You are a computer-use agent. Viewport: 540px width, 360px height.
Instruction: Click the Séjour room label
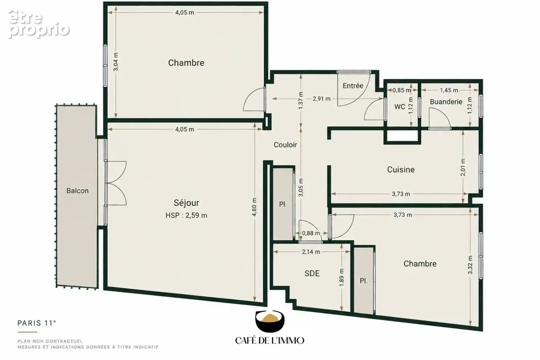(186, 203)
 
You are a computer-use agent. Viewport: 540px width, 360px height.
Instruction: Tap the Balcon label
(77, 191)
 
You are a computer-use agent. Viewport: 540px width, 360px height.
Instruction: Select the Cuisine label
(400, 170)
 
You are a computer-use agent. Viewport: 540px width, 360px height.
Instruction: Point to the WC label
(400, 107)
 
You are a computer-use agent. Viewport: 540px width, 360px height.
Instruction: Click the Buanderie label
(446, 102)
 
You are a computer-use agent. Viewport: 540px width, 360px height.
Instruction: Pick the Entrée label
(353, 85)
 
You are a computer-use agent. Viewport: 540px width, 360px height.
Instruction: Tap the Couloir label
(285, 145)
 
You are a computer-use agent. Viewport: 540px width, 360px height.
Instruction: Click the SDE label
(312, 273)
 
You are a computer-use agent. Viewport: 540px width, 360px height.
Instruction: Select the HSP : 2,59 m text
(186, 215)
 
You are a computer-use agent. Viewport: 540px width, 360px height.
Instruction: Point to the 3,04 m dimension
(116, 62)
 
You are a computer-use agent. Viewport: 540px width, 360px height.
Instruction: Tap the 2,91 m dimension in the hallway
(321, 99)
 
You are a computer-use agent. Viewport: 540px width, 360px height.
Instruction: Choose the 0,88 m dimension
(311, 233)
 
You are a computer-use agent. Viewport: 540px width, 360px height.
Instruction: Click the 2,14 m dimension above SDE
(311, 252)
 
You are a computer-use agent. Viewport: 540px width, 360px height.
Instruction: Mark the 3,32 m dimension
(470, 265)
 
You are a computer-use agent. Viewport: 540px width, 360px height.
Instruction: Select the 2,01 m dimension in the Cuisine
(463, 167)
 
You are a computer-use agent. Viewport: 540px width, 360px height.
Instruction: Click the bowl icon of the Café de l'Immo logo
(270, 321)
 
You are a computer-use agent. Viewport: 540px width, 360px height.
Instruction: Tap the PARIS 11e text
(36, 323)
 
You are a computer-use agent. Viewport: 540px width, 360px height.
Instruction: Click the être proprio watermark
(39, 24)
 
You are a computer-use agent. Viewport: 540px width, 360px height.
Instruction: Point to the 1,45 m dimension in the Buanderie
(449, 90)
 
